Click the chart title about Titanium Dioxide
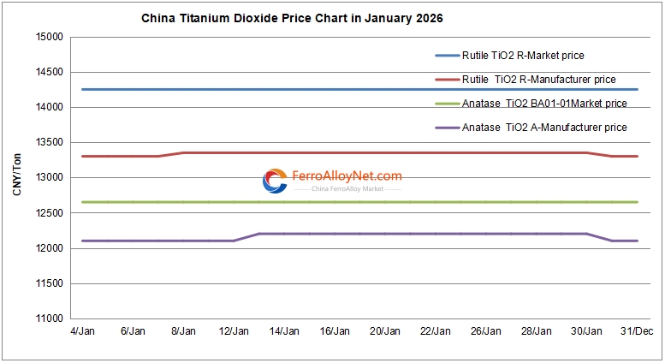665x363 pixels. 298,18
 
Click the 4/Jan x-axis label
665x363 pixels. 82,331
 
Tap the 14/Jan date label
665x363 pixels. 284,331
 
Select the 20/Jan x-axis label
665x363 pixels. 385,331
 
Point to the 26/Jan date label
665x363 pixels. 485,331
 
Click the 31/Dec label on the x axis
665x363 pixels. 637,331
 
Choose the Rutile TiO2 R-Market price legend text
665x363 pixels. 523,56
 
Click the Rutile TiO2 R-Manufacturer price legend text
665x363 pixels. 538,80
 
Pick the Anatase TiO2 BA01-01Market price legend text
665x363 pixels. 544,104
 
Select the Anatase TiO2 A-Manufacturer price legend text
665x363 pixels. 544,128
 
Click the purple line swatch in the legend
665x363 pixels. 447,128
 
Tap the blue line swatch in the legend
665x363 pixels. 447,56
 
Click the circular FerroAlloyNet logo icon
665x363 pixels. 275,181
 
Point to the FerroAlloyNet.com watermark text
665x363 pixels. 347,176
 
